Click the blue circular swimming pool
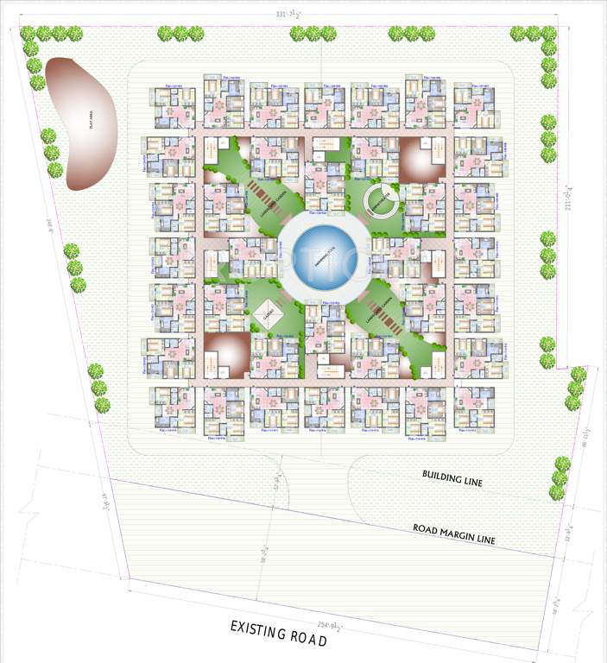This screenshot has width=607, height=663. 319,256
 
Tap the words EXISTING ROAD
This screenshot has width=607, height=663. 278,632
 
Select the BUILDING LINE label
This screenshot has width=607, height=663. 452,477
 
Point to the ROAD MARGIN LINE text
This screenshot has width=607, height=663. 453,534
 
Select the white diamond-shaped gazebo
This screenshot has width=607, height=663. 267,314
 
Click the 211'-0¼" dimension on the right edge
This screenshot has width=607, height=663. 568,199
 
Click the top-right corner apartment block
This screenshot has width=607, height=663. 476,104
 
